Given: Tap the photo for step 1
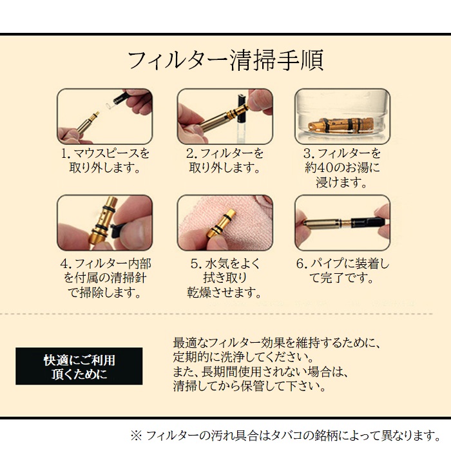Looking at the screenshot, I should click(x=104, y=116).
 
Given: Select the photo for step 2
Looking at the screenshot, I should click(x=225, y=116).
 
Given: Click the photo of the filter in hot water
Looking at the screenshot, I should click(x=342, y=116).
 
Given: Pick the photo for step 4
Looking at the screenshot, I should click(x=104, y=223).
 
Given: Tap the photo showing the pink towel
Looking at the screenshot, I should click(x=225, y=223).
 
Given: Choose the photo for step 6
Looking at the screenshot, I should click(x=342, y=223).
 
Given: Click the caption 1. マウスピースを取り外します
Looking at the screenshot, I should click(x=105, y=161).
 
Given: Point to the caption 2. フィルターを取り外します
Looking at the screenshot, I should click(x=225, y=161).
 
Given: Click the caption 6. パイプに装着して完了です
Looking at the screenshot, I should click(x=342, y=271).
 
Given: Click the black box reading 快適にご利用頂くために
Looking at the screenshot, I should click(x=79, y=367).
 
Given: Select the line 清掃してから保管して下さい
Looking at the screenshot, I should click(x=247, y=387).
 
